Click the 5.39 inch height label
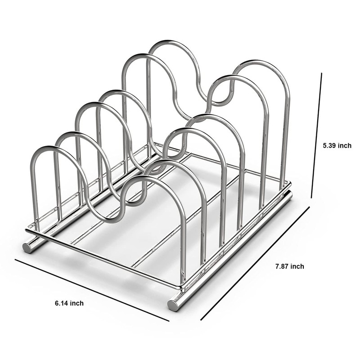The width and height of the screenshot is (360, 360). click(x=337, y=145)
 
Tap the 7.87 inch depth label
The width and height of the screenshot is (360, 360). click(x=289, y=266)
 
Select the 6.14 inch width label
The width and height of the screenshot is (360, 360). click(x=66, y=303)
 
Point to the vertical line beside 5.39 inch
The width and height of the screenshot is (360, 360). click(x=316, y=135)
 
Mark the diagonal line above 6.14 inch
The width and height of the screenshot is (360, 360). click(x=92, y=290)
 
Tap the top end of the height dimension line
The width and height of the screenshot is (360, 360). click(x=322, y=74)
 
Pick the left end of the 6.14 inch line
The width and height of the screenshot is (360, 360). click(x=16, y=260)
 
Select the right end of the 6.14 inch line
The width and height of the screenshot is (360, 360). click(x=169, y=321)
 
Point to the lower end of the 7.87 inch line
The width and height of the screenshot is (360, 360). click(x=201, y=320)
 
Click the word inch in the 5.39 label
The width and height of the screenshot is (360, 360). click(x=344, y=145)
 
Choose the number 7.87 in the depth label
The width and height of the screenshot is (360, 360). click(x=282, y=266)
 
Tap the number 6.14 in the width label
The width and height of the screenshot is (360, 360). click(x=59, y=303)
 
